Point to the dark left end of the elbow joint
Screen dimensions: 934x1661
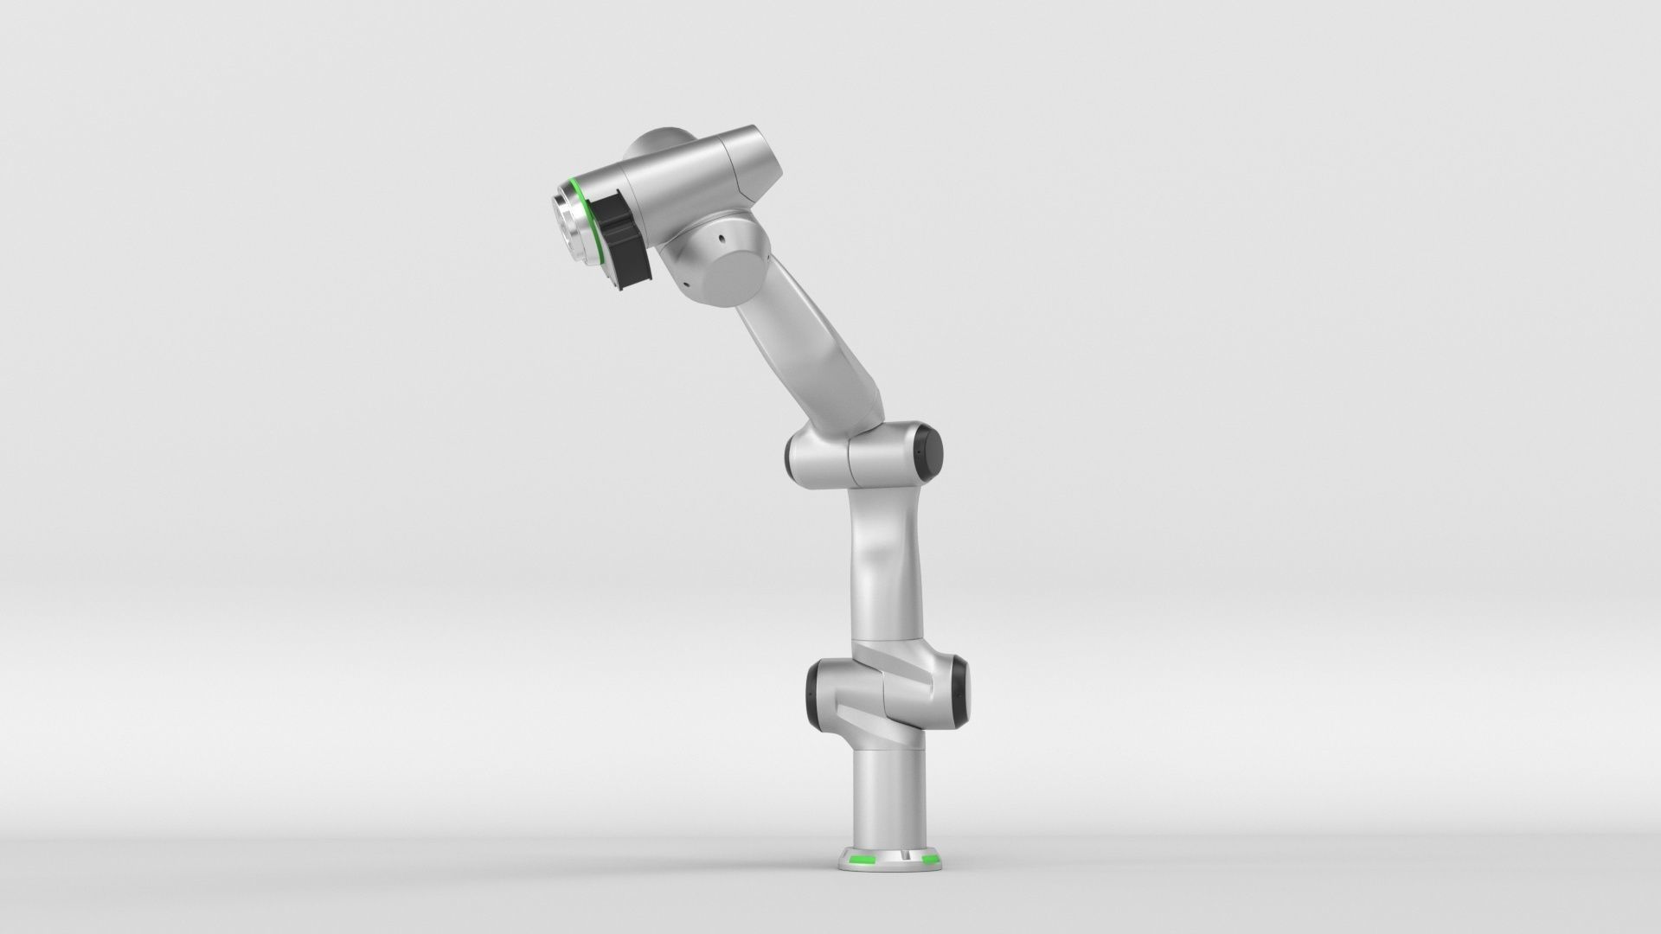click(789, 455)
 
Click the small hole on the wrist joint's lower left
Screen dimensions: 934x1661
click(683, 282)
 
